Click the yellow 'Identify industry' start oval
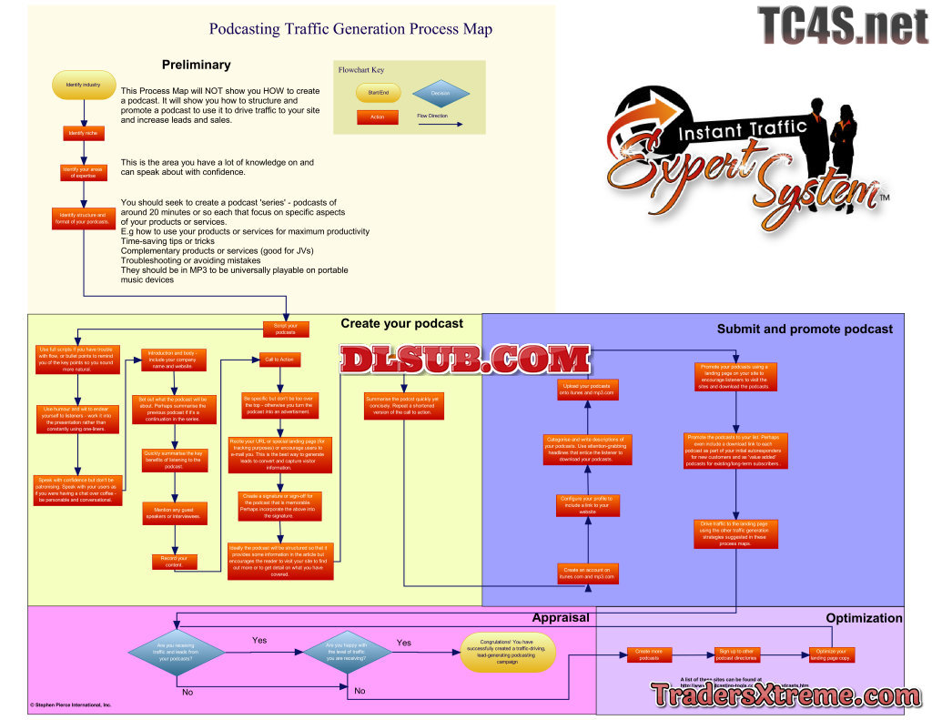84,85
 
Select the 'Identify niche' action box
83,133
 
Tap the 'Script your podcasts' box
287,329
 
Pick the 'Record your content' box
175,562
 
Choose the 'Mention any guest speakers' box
175,513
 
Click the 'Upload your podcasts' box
587,389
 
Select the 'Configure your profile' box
587,504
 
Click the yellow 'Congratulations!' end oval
509,652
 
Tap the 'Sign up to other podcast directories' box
737,654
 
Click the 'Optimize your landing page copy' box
834,654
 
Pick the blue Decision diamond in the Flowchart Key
440,93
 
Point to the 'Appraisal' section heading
561,617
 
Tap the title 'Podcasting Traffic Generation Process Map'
350,29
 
